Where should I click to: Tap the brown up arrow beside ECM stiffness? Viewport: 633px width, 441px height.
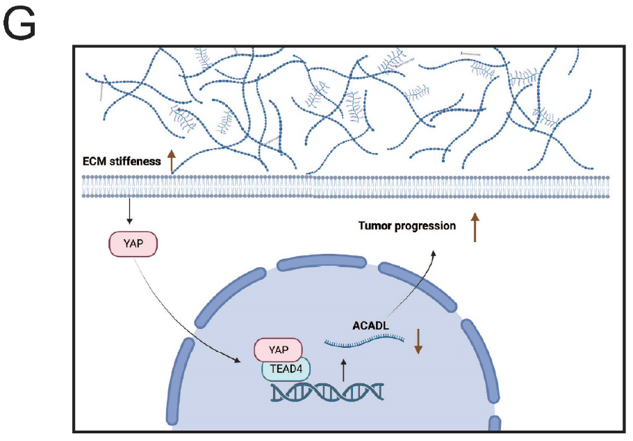(x=169, y=161)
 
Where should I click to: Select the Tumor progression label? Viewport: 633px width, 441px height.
(x=406, y=225)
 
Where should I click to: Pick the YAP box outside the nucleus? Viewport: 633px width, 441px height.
(x=133, y=244)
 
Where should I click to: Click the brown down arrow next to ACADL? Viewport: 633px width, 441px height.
(x=418, y=340)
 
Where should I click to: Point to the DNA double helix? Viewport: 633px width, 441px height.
(x=327, y=394)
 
